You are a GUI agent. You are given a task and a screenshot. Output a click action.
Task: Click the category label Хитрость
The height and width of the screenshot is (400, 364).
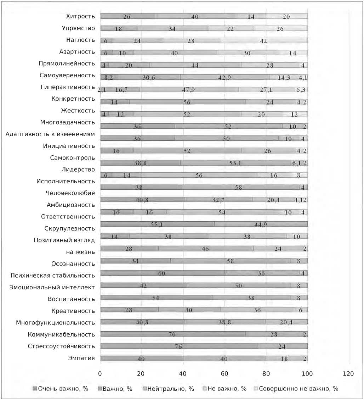(x=80, y=16)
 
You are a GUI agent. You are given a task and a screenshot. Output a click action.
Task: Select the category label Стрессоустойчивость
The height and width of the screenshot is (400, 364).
(x=62, y=346)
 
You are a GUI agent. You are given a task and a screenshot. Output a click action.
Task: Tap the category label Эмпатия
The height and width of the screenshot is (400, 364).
(x=81, y=358)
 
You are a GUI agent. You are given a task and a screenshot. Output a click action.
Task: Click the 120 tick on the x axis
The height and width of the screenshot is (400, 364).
(x=349, y=373)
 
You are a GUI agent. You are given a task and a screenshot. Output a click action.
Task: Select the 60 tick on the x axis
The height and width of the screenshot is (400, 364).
(x=224, y=373)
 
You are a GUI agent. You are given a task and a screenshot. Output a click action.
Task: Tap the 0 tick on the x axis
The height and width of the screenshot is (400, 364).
(x=100, y=373)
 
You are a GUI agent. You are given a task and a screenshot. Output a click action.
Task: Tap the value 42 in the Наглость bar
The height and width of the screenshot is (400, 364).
(x=263, y=41)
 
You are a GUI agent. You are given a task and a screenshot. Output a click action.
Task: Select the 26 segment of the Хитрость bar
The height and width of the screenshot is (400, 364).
(x=127, y=16)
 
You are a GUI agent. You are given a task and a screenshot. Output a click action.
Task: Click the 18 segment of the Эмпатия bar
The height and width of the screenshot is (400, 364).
(x=284, y=359)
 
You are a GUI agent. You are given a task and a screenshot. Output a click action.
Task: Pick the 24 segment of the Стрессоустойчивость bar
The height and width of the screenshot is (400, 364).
(x=282, y=347)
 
